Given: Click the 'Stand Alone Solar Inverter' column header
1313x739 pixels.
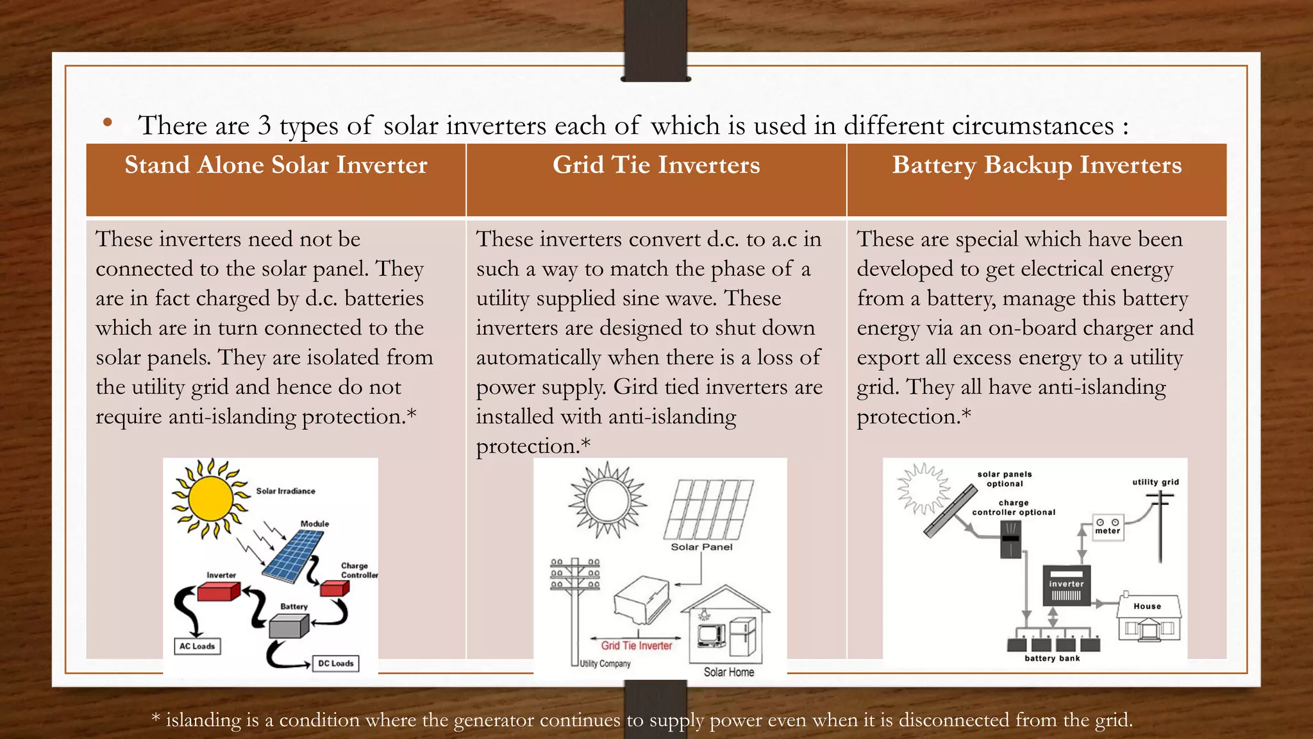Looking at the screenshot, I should point(276,166).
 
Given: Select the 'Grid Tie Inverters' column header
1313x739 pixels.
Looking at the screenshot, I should point(656,166).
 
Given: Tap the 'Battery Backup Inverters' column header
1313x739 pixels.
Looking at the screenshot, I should point(1036,166).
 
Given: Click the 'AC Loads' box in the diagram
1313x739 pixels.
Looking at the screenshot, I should point(197,646).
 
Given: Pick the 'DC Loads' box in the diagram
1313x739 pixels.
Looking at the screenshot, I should point(336,663).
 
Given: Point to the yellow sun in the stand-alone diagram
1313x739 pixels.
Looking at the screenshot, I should point(210,498).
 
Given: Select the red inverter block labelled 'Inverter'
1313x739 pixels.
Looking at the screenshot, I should point(218,591).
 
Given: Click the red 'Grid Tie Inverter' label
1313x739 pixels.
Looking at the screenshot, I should point(637,646).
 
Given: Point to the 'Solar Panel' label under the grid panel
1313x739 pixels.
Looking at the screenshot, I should point(701,547).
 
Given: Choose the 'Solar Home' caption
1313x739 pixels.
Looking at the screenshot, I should point(729,672).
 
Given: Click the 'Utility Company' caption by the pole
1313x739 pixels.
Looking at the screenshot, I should point(605,664).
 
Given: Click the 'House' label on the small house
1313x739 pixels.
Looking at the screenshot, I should point(1147,606).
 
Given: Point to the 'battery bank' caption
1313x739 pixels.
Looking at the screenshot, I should point(1052,658).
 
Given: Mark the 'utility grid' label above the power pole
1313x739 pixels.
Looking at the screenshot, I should point(1155,482).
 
